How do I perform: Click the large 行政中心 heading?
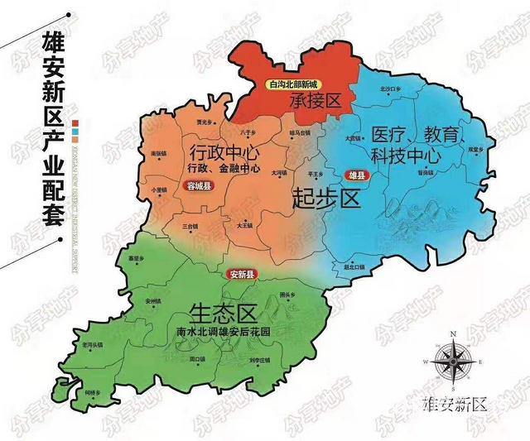224,153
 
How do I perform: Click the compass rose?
453,361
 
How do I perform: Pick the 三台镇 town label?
191,225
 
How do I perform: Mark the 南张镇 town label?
159,154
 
